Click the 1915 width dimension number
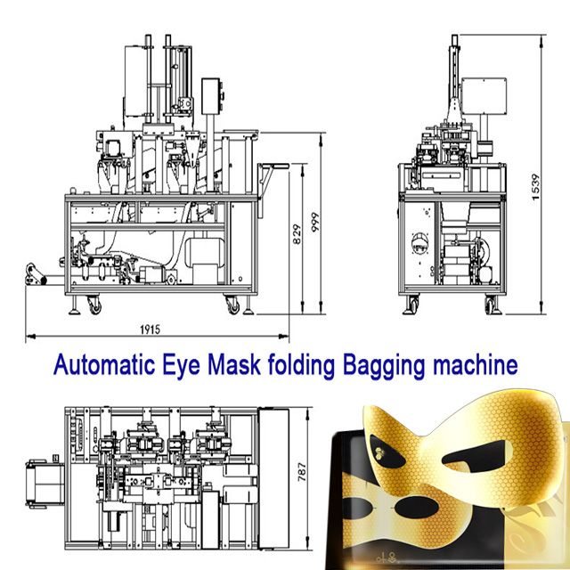click(x=148, y=330)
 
